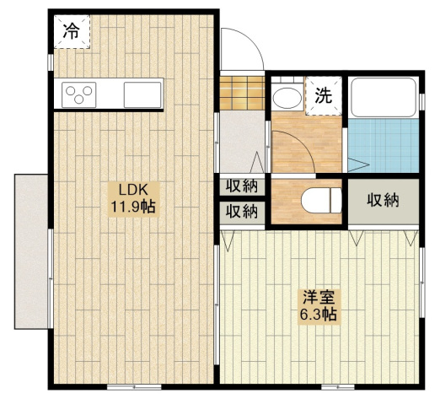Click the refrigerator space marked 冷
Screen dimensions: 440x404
pos(72,32)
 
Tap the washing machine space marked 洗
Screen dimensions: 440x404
pos(324,95)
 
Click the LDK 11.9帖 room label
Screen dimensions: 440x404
pos(134,199)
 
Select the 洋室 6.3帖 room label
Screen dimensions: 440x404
pos(319,307)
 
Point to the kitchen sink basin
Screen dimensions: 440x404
pos(142,94)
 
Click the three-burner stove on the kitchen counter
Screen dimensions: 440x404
pos(79,94)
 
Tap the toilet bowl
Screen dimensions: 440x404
pos(321,200)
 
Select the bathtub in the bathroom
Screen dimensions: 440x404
pos(384,97)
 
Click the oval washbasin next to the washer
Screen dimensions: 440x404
pos(287,98)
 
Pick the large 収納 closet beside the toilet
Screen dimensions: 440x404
pos(384,202)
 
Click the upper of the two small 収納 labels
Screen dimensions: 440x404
pos(242,186)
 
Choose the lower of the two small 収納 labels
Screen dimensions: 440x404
pos(242,212)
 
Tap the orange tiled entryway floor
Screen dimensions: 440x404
pos(242,93)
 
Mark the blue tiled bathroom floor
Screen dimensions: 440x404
pos(384,145)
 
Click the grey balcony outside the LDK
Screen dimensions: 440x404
pos(31,251)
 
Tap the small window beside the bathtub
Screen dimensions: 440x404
pos(422,102)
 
